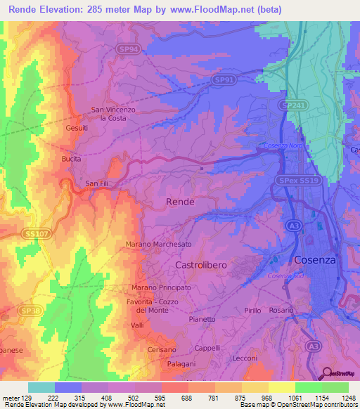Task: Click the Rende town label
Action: click(x=179, y=202)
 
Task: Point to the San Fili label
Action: click(x=97, y=184)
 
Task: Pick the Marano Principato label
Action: click(x=161, y=288)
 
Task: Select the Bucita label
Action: click(x=72, y=160)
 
